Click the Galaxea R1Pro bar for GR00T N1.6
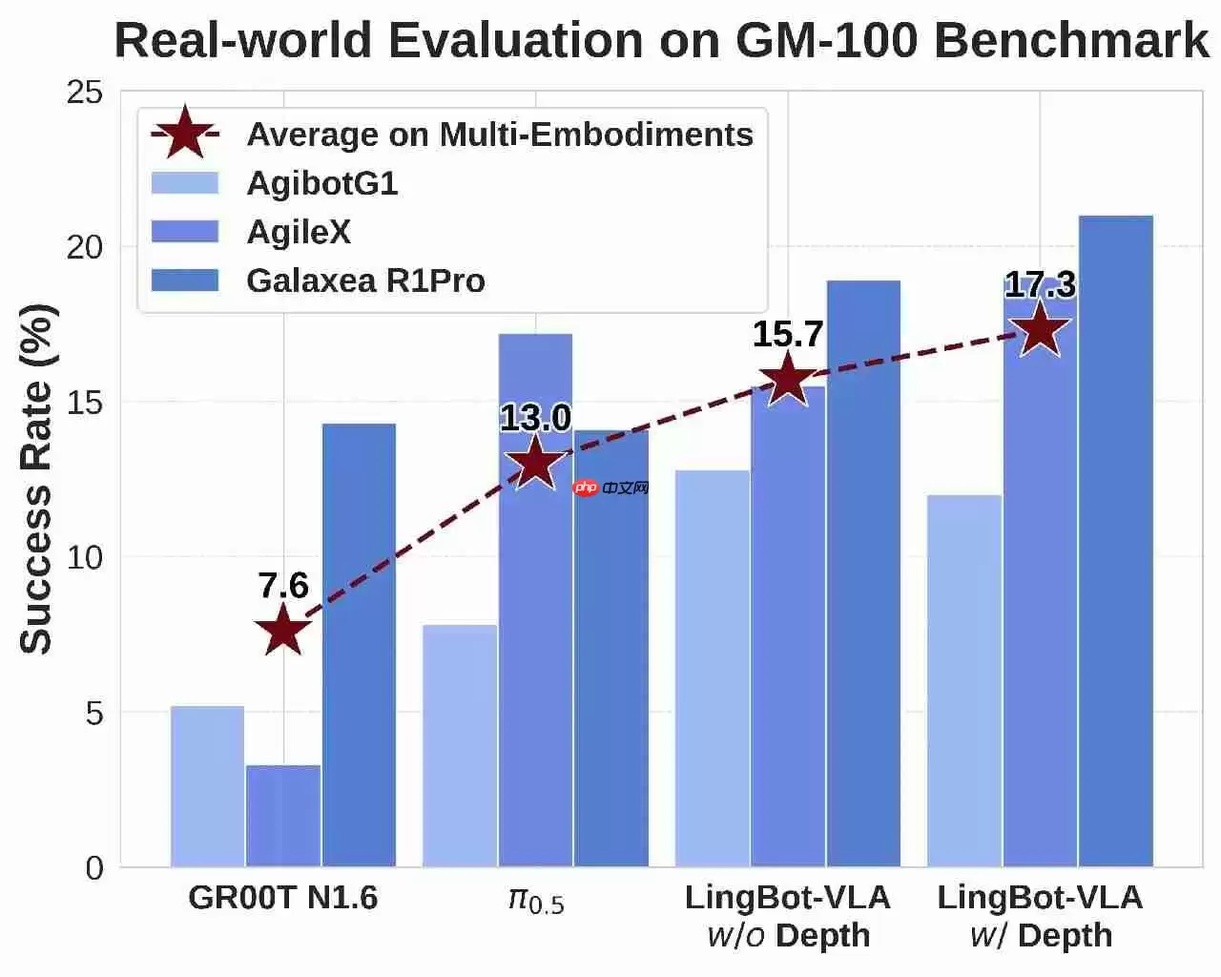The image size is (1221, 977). pos(359,645)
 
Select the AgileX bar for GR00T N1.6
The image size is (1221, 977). pos(283,817)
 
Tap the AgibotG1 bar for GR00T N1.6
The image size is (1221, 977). pos(208,786)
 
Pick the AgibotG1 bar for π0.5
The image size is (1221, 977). pos(460,746)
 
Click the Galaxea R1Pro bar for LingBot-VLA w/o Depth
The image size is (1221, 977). pos(863,573)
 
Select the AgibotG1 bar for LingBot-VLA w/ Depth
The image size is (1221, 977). pos(964,680)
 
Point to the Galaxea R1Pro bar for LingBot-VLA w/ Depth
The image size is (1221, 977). pos(1116,541)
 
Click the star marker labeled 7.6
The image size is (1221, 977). pos(283,630)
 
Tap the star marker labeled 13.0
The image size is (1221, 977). pos(535,463)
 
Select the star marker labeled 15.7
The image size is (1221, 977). pos(788,379)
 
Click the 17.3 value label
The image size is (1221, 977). pos(1040,284)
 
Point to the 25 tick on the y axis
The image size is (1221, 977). pos(85,92)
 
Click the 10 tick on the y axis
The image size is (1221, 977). pos(85,557)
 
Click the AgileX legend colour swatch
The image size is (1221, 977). pos(185,232)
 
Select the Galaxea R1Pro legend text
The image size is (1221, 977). pos(366,281)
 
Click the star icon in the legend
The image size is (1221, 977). pos(185,133)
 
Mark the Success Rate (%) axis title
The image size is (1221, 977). pos(37,479)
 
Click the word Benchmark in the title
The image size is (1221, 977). pos(1072,40)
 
